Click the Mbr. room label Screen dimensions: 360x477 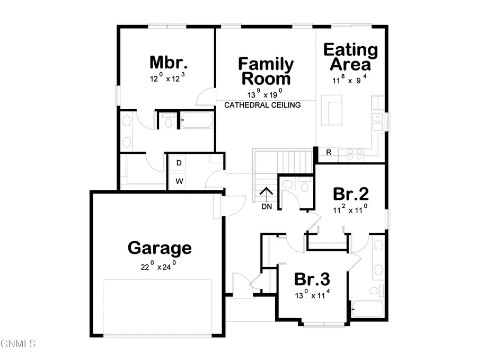tap(169, 63)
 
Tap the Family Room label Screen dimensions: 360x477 tap(266, 72)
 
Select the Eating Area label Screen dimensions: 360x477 tap(350, 57)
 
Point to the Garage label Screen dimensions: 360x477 tap(160, 248)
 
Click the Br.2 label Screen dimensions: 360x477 tap(351, 193)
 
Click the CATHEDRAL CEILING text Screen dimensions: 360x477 tap(262, 105)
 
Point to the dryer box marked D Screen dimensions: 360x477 tap(179, 163)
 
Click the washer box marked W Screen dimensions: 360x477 tap(179, 180)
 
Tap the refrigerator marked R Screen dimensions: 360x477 tap(329, 153)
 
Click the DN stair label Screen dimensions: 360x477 tap(267, 206)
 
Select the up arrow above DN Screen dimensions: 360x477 tap(266, 194)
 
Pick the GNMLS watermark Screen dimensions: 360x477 tap(18, 343)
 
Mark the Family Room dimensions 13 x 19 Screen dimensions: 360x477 tap(266, 94)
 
